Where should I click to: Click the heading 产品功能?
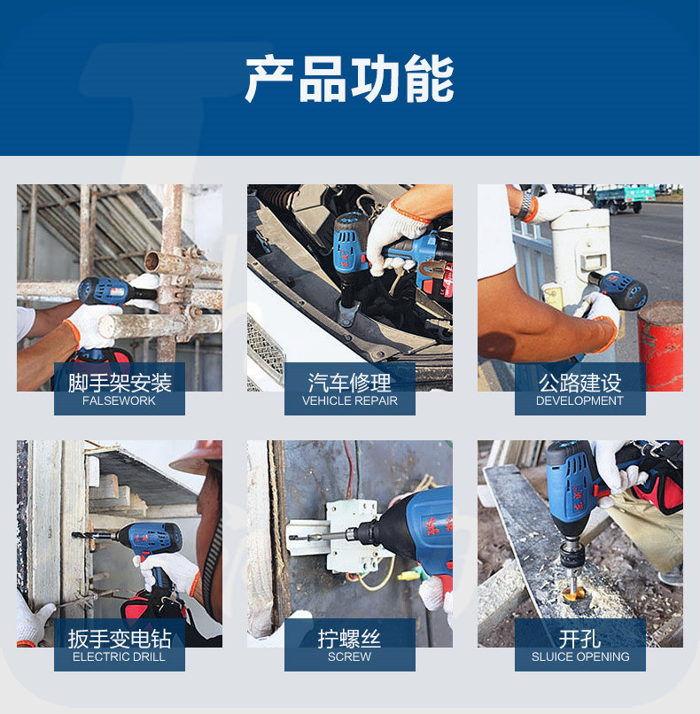point(349,78)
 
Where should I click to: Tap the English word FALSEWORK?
point(119,400)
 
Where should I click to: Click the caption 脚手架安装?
point(120,383)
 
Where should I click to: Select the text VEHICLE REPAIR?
point(350,400)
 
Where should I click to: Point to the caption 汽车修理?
point(350,383)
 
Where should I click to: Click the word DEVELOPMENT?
point(579,400)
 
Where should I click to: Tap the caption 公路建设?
point(579,383)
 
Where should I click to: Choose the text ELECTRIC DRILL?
point(119,656)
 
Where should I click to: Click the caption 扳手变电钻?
point(120,639)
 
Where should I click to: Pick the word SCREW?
point(349,656)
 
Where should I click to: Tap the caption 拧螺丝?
point(349,639)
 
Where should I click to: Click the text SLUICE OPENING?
point(580,656)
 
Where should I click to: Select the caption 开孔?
point(579,639)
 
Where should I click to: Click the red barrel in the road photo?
point(660,346)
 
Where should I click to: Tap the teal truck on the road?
point(625,198)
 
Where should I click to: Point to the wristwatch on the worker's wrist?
point(525,206)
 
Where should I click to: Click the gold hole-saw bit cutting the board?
point(573,592)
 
